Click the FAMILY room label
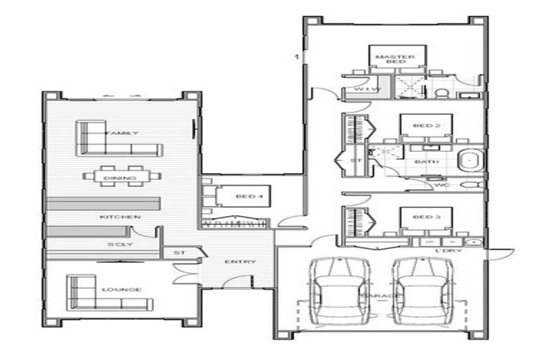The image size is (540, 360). (122, 133)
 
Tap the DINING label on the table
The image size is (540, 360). (120, 179)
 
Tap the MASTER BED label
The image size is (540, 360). (394, 59)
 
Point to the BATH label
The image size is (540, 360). (426, 162)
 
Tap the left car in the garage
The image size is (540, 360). (340, 291)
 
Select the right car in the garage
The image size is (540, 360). (420, 291)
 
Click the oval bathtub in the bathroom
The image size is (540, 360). (470, 161)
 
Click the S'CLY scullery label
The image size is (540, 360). (116, 244)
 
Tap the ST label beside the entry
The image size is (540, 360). (179, 251)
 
